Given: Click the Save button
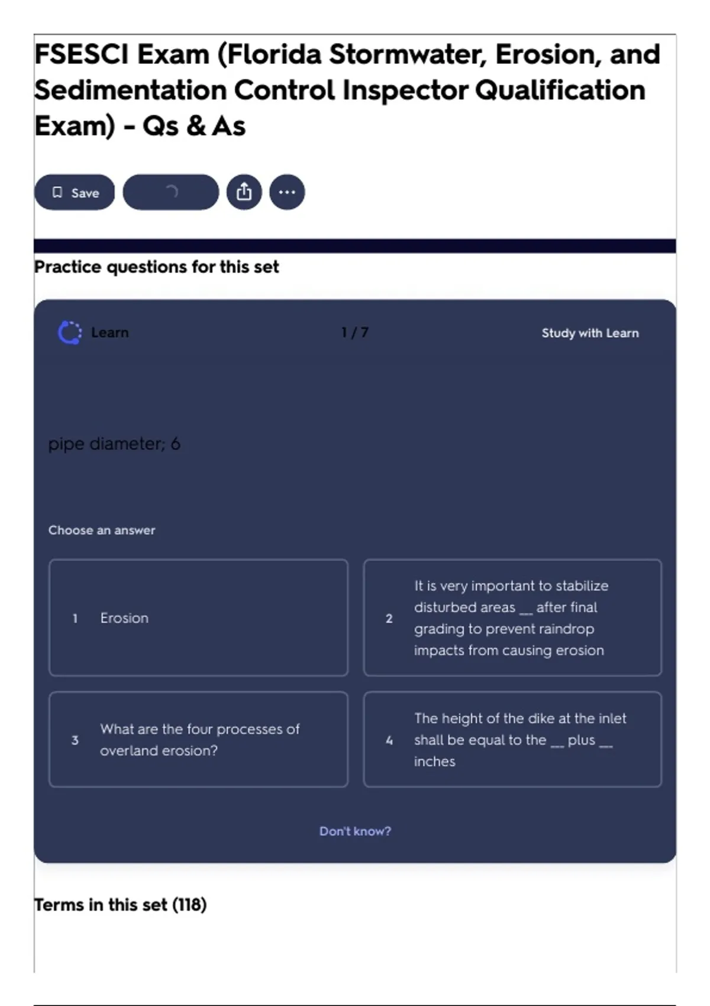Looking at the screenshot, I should pyautogui.click(x=75, y=192).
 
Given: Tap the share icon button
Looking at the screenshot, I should pyautogui.click(x=244, y=192).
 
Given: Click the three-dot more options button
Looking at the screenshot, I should pyautogui.click(x=287, y=192).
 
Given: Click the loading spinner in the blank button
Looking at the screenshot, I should pyautogui.click(x=171, y=192).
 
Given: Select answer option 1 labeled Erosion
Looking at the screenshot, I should pyautogui.click(x=198, y=618).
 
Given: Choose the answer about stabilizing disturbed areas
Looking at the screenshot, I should pyautogui.click(x=512, y=618).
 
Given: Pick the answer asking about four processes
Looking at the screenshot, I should pyautogui.click(x=198, y=740).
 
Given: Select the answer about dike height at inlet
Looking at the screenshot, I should pyautogui.click(x=512, y=740).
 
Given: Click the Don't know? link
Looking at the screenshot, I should pyautogui.click(x=355, y=831).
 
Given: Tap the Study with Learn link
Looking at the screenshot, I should pyautogui.click(x=590, y=333).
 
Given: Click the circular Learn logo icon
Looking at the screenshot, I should pyautogui.click(x=70, y=333).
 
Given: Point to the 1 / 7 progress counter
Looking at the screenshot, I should pyautogui.click(x=355, y=333).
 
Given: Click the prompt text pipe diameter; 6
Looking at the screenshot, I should pyautogui.click(x=114, y=444).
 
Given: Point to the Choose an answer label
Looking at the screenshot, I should pyautogui.click(x=102, y=530).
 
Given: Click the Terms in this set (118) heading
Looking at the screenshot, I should pyautogui.click(x=120, y=905).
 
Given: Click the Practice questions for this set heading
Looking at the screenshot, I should pyautogui.click(x=156, y=267).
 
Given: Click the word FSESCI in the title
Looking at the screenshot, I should pyautogui.click(x=82, y=54).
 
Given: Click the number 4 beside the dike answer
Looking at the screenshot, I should pyautogui.click(x=389, y=740).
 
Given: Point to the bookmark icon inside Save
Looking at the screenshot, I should pyautogui.click(x=57, y=192).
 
